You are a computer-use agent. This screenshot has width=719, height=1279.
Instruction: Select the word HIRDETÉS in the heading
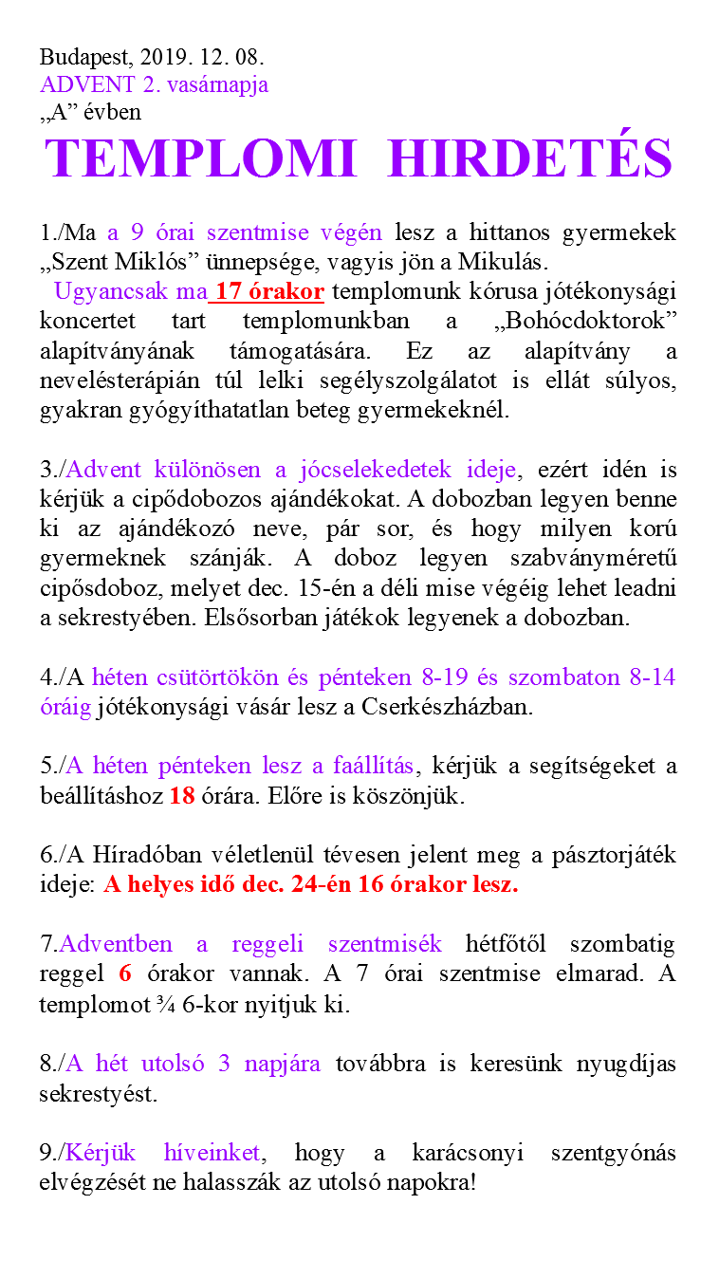(x=531, y=158)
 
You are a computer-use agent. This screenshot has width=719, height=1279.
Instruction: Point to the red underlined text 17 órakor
(x=269, y=291)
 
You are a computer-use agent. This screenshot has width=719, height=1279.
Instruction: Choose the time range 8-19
(x=438, y=677)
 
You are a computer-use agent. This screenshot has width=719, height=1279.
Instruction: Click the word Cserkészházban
(x=444, y=707)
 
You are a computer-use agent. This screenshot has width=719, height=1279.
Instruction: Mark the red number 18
(x=182, y=795)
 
